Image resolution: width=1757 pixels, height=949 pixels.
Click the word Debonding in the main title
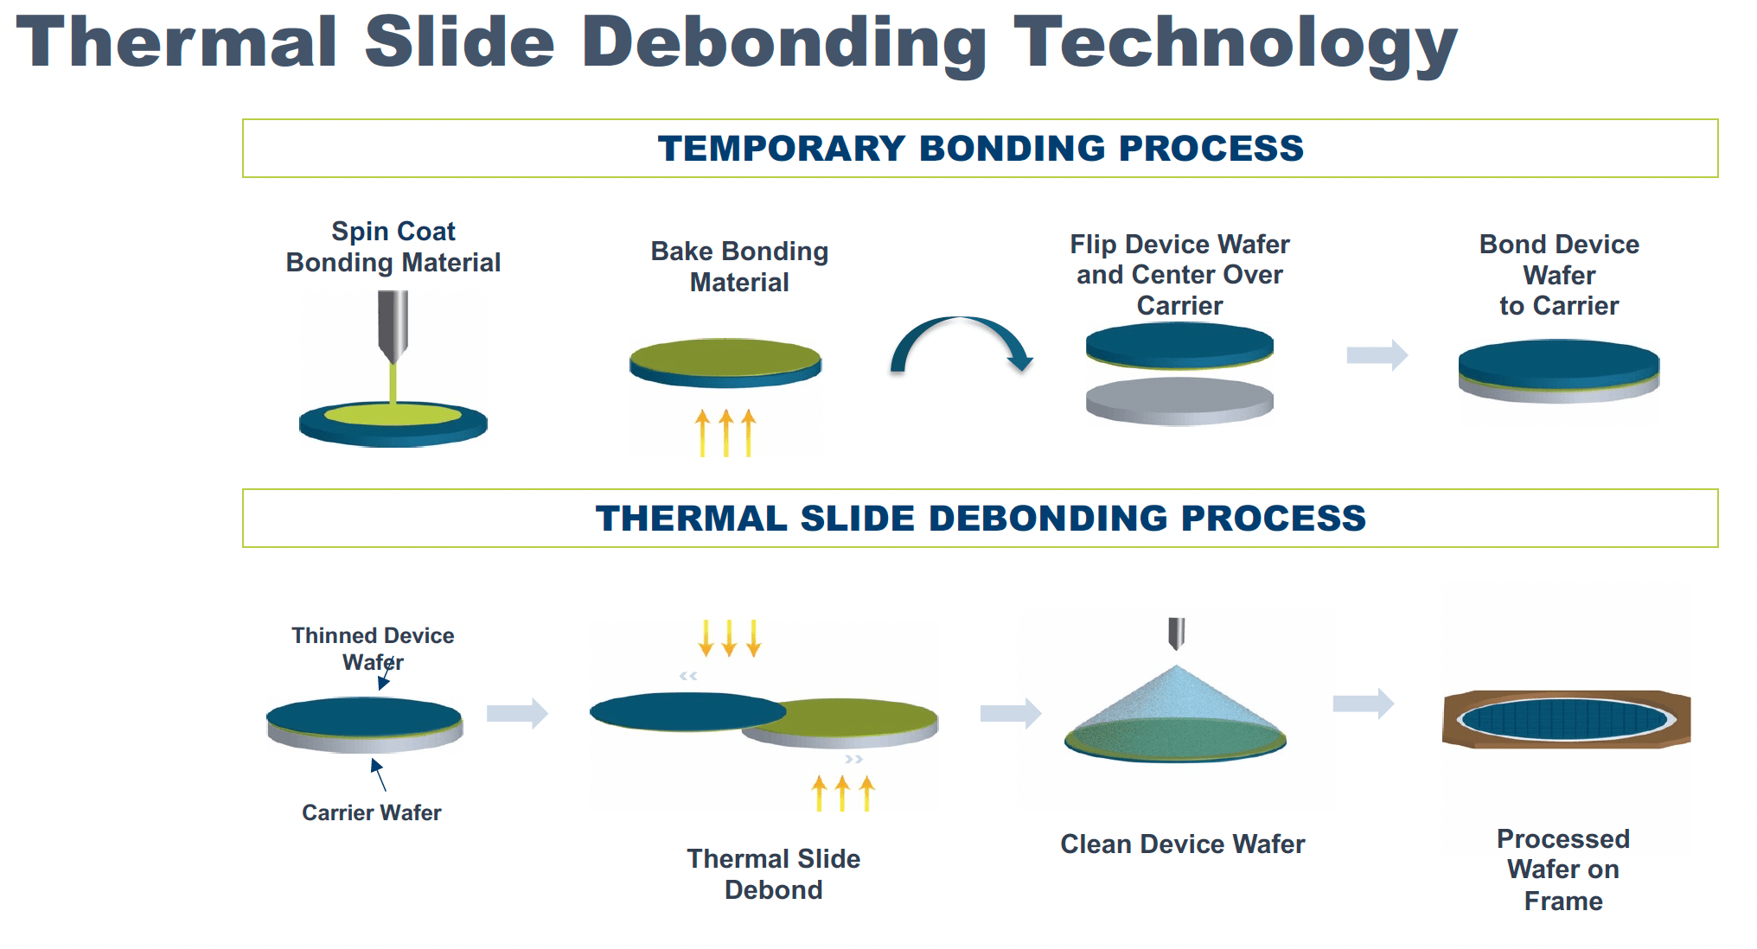tap(783, 43)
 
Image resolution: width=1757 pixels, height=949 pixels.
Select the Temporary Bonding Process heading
tap(980, 149)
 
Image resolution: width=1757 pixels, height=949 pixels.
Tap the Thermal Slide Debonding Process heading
tap(980, 519)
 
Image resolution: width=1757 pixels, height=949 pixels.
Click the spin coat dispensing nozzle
tap(393, 324)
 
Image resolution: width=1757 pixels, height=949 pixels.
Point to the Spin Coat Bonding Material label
tap(393, 247)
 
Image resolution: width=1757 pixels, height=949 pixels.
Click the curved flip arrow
tap(960, 341)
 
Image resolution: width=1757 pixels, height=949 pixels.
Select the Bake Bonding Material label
tap(739, 266)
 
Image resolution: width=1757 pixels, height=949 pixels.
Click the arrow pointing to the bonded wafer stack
tap(1377, 354)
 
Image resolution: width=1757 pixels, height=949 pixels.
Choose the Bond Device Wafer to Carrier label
tap(1559, 275)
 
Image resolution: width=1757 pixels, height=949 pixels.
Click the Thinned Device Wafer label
tap(373, 648)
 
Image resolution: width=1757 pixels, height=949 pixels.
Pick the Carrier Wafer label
tap(371, 812)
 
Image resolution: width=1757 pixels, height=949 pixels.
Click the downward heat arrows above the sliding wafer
tap(729, 638)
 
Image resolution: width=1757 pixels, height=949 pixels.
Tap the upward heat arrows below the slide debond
tap(843, 793)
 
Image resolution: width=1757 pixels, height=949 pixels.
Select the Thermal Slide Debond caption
tap(773, 874)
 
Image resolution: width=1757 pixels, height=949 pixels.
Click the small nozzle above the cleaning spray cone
tap(1176, 633)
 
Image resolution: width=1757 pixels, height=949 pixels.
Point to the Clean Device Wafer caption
tap(1182, 844)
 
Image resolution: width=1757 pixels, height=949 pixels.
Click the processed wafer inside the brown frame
tap(1565, 719)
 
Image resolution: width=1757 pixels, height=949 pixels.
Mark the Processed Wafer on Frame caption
tap(1562, 869)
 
